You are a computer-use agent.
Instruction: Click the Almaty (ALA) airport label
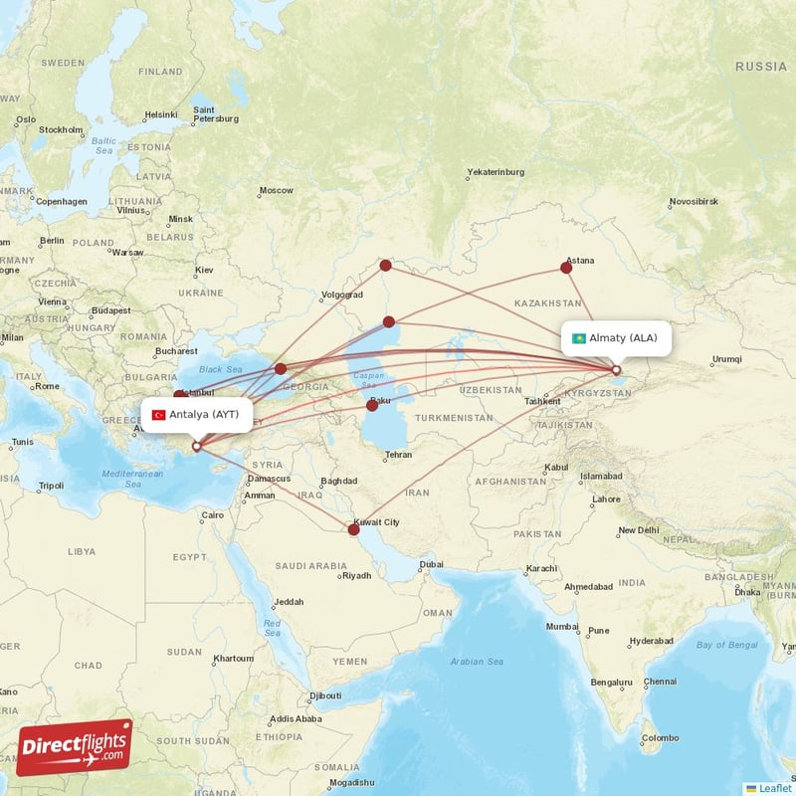616,337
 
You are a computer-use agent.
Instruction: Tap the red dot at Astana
567,267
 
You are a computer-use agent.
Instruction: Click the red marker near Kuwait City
353,529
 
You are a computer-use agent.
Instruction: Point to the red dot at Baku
372,405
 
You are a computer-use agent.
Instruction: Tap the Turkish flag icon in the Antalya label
158,414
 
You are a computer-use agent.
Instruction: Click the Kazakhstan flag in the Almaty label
578,338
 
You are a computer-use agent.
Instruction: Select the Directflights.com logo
75,747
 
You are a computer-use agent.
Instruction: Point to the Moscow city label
276,190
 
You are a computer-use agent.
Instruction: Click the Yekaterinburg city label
496,172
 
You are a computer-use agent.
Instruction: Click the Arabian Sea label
478,662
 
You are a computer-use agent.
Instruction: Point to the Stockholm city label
61,129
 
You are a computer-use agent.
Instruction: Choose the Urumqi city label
727,359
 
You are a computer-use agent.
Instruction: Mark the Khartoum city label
233,659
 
